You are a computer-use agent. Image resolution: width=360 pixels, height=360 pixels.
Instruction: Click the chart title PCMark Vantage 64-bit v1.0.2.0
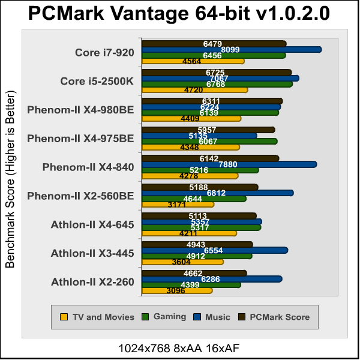pyautogui.click(x=179, y=14)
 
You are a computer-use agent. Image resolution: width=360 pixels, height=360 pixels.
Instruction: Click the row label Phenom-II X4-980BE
pyautogui.click(x=80, y=109)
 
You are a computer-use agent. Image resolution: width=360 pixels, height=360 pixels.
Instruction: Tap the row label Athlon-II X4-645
pyautogui.click(x=92, y=224)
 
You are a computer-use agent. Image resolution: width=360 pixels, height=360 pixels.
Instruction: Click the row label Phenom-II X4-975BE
pyautogui.click(x=80, y=138)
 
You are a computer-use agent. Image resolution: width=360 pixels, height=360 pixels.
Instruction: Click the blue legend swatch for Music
pyautogui.click(x=197, y=317)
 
